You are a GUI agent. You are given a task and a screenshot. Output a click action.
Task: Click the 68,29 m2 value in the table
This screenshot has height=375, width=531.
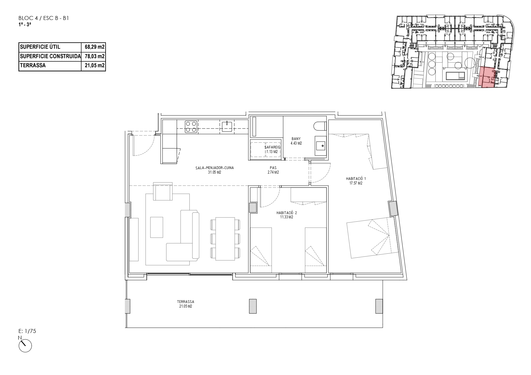click(95, 47)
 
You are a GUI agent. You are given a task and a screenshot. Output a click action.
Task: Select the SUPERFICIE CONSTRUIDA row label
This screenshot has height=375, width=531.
click(50, 56)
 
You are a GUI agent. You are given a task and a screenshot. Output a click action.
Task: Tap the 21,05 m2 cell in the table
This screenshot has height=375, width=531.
click(95, 65)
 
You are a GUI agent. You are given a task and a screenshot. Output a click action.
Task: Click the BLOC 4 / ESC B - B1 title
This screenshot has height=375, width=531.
click(44, 18)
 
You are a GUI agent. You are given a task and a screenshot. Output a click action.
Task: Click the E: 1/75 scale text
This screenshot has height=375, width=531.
click(28, 331)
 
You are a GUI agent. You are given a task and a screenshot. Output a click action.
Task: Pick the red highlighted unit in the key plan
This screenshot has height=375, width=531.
click(487, 78)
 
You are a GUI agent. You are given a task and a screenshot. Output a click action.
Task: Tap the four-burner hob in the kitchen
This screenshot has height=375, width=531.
click(191, 127)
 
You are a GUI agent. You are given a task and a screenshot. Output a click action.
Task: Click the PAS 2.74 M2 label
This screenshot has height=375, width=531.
click(273, 170)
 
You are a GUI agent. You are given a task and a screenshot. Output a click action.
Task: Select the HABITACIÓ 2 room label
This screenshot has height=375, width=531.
click(285, 215)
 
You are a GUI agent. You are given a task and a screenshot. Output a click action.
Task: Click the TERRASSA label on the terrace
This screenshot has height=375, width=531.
click(185, 304)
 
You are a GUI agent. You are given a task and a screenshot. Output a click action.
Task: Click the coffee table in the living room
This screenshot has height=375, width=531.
click(157, 227)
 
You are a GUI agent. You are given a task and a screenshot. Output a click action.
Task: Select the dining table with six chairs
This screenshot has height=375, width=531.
click(225, 239)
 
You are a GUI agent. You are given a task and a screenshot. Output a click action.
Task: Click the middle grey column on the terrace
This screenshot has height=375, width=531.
click(253, 306)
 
